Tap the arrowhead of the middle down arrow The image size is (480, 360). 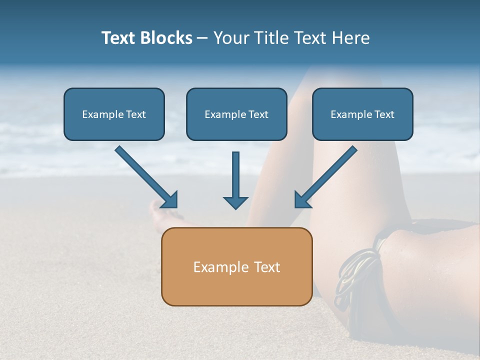click(235, 202)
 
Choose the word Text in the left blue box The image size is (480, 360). click(136, 114)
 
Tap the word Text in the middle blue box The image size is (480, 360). click(258, 114)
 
